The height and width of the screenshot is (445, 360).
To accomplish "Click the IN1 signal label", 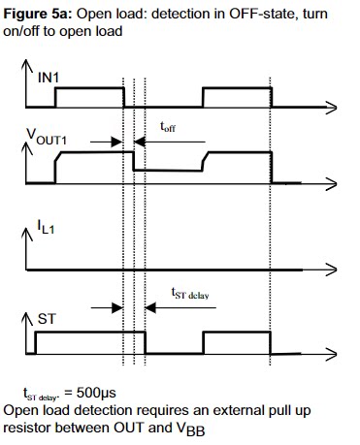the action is coord(49,78).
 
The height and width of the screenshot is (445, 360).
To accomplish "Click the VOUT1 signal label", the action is coord(47,138).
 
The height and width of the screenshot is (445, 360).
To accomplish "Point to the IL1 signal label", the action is coord(46,227).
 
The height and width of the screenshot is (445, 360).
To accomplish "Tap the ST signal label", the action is coord(47,319).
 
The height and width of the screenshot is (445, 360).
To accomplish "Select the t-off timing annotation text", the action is coord(168,127).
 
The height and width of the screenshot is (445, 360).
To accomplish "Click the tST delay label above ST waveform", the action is coord(190,294).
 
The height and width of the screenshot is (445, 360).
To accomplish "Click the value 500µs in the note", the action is coord(96,393).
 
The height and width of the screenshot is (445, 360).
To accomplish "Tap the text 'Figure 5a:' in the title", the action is coord(39,14).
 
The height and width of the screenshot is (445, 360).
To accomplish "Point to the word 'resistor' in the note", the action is coord(27,428).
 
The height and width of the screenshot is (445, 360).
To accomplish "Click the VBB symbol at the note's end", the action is coord(190,429).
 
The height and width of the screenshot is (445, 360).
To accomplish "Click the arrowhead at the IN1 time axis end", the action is coord(332,108).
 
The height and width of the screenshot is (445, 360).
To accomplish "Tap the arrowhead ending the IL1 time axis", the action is coord(332,270).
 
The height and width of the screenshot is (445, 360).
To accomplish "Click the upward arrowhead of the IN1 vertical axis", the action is coord(26,65).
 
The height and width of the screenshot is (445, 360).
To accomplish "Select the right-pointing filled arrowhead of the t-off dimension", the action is coord(116,142).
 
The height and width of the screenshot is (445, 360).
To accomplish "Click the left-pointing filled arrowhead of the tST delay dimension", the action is coord(150,307).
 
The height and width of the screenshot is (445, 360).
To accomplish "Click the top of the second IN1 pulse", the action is coord(237,88).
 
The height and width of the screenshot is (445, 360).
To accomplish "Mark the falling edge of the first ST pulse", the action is coord(146,342).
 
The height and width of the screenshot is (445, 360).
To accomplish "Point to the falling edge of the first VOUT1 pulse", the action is coord(133,161).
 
